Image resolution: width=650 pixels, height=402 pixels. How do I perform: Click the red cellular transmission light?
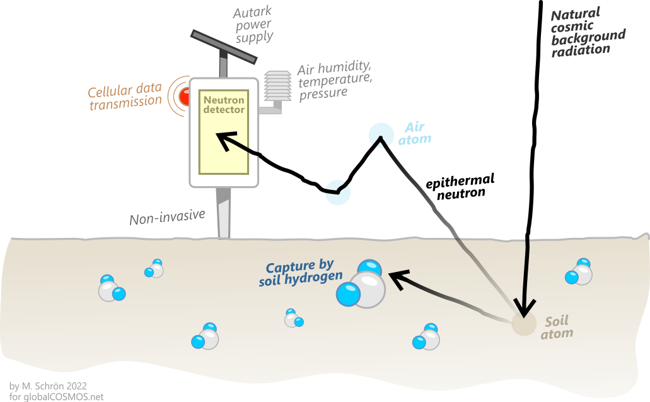tap(184, 97)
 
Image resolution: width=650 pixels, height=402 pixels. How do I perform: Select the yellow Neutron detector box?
tap(224, 132)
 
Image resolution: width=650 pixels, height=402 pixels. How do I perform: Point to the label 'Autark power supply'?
tap(253, 25)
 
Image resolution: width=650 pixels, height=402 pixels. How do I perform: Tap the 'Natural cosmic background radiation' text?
tap(588, 32)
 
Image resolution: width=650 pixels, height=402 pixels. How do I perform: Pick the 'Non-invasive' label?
tap(167, 218)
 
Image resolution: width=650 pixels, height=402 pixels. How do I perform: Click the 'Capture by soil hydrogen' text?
tap(300, 273)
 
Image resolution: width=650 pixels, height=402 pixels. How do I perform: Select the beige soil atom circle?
tap(522, 324)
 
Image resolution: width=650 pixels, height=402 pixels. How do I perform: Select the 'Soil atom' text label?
tap(557, 327)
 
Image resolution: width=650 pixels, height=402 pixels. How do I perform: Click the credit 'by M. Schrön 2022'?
tap(47, 385)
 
